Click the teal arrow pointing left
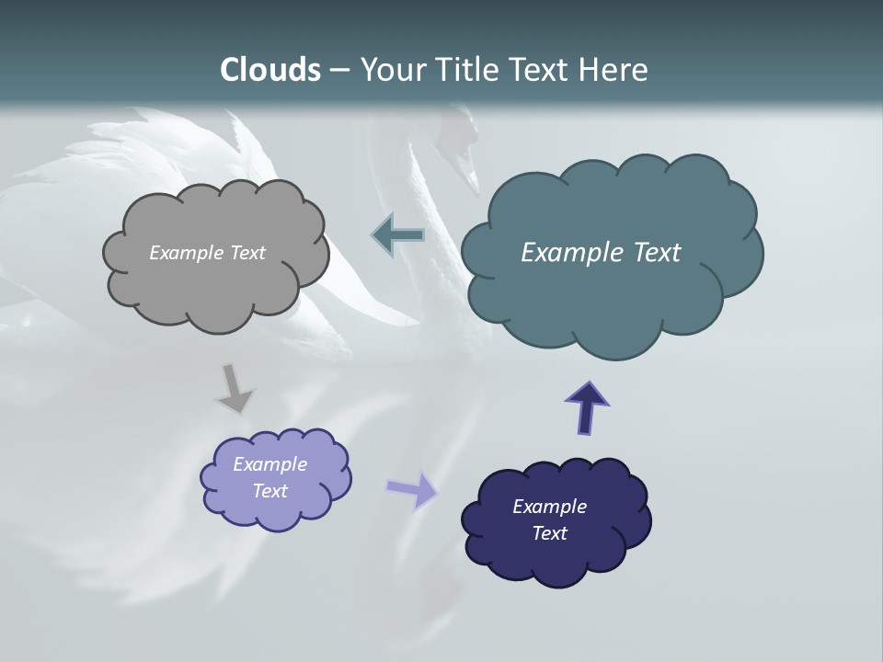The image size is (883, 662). (x=398, y=235)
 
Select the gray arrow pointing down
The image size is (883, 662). (x=235, y=387)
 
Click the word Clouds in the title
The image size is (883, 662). (x=270, y=70)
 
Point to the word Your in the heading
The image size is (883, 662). (x=391, y=70)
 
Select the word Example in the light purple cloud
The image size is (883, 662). (x=269, y=464)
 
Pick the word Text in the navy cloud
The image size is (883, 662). (x=549, y=533)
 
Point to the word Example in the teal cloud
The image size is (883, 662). (x=569, y=253)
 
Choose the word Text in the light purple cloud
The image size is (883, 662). (x=269, y=491)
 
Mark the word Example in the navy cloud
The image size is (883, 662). (x=549, y=507)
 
